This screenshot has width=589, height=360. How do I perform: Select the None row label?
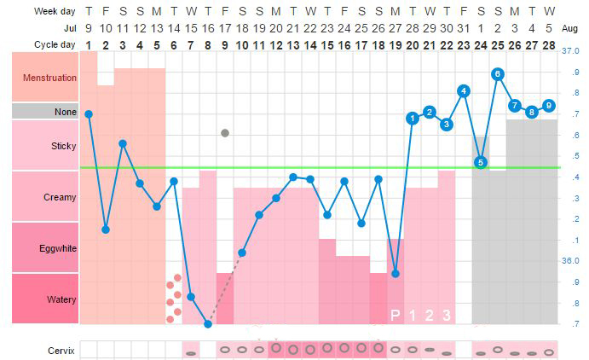64,112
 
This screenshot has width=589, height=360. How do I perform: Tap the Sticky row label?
61,146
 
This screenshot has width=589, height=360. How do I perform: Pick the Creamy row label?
59,197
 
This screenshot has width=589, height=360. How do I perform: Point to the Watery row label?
61,299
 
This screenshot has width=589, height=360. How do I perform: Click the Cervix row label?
61,350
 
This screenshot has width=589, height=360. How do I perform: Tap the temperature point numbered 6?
498,74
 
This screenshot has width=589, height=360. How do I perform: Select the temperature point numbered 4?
464,90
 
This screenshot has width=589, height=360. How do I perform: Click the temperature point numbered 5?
481,162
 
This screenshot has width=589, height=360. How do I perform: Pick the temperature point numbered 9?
549,105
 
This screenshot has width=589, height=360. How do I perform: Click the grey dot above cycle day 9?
225,133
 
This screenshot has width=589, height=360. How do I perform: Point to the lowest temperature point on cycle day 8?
208,324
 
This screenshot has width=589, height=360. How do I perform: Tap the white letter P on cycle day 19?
396,316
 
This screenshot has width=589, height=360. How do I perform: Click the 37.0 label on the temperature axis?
570,51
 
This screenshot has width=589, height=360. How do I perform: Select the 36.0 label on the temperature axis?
570,261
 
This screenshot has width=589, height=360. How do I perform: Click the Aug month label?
571,28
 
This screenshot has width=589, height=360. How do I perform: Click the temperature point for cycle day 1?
89,113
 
